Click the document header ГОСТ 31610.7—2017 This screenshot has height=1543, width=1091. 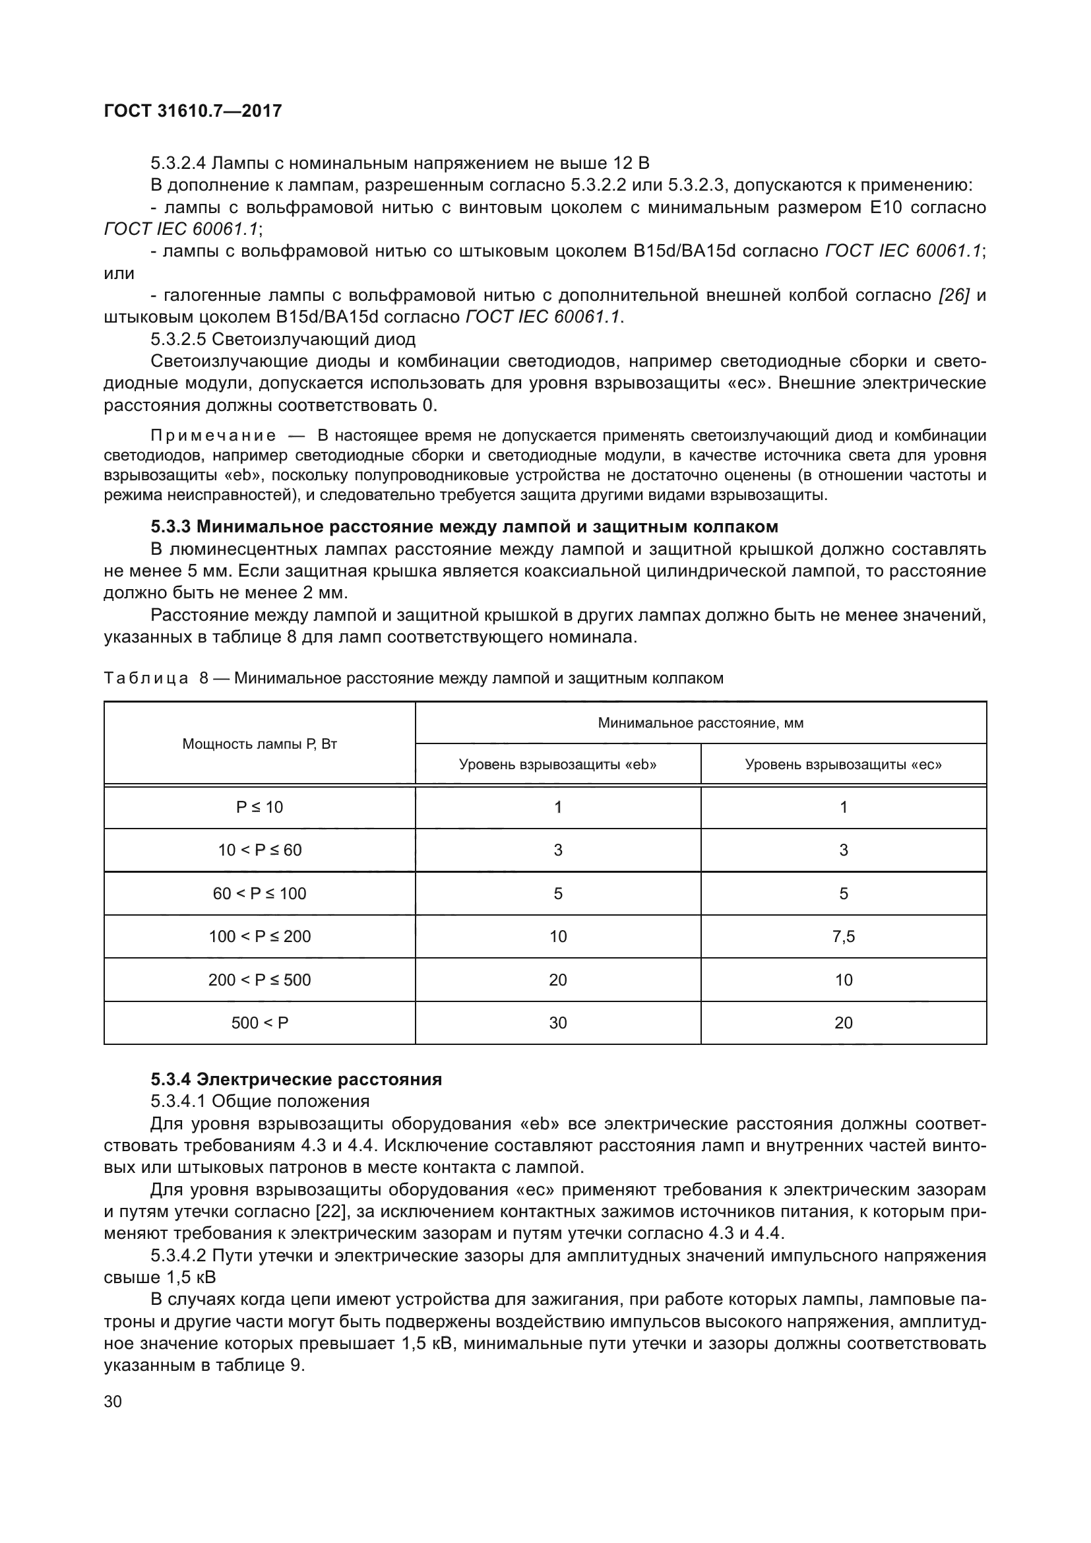point(193,111)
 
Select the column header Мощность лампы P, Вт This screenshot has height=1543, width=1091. point(259,744)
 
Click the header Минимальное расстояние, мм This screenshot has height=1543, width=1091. point(700,723)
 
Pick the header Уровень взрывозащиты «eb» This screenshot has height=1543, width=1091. point(557,764)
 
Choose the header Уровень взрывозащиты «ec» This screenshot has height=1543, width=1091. point(843,764)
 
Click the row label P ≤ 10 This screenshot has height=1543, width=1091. point(259,807)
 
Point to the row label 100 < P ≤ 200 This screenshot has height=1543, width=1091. point(259,936)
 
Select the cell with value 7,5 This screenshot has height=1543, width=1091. point(843,936)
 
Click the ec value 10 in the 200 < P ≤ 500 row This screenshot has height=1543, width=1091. point(843,979)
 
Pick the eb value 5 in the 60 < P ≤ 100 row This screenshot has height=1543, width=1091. point(557,893)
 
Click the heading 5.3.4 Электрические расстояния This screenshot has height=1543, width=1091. point(296,1079)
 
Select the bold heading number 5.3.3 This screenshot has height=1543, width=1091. point(171,526)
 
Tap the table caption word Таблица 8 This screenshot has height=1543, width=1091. point(155,678)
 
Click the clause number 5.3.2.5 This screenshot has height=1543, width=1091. point(178,338)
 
